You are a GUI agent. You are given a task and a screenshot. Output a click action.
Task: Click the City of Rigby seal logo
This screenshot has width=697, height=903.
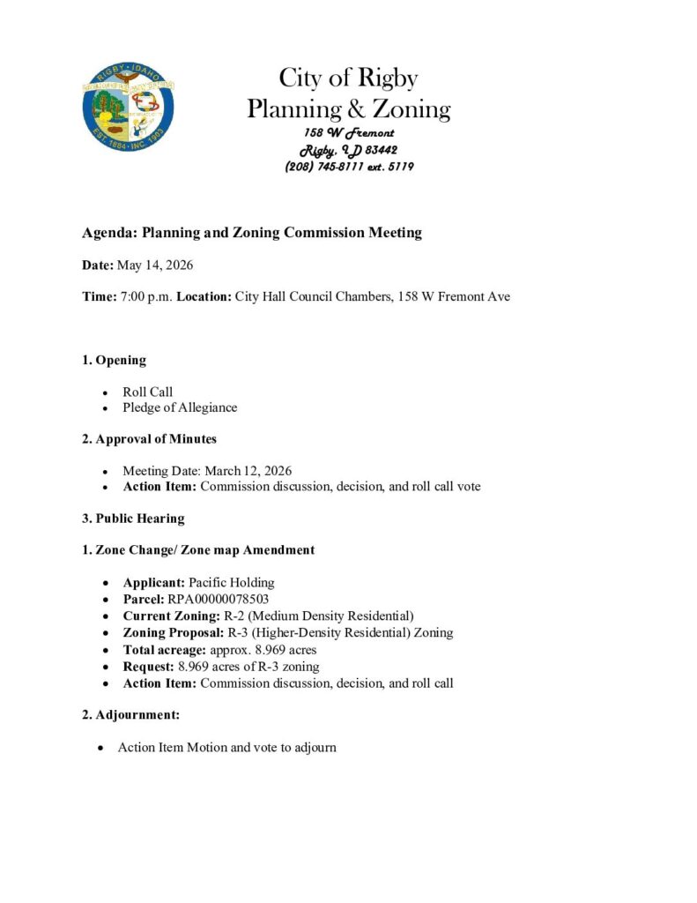pyautogui.click(x=128, y=110)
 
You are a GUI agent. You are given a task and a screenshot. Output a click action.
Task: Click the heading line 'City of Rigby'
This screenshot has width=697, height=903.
pyautogui.click(x=348, y=78)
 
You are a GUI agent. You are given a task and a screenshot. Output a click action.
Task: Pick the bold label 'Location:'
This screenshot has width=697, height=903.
pyautogui.click(x=204, y=296)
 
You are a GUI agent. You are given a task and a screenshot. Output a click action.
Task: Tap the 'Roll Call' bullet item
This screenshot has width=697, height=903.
pyautogui.click(x=147, y=392)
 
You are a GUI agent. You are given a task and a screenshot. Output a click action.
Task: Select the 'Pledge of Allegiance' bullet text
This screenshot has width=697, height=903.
pyautogui.click(x=180, y=407)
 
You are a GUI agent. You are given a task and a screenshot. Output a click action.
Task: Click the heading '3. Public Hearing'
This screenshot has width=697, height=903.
pyautogui.click(x=133, y=518)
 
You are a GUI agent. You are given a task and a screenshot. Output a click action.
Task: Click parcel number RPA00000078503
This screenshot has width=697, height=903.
pyautogui.click(x=219, y=599)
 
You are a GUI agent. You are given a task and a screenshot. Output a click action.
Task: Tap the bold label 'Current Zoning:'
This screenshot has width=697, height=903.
pyautogui.click(x=171, y=616)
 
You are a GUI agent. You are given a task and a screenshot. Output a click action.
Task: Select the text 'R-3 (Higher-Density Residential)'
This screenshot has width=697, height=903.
pyautogui.click(x=310, y=632)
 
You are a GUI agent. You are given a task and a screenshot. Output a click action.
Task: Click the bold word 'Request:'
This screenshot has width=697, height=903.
pyautogui.click(x=148, y=666)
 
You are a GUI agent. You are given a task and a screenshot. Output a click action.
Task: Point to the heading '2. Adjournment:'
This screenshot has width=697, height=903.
pyautogui.click(x=130, y=714)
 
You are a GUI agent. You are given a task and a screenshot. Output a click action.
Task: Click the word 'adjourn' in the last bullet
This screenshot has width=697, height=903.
pyautogui.click(x=315, y=747)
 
